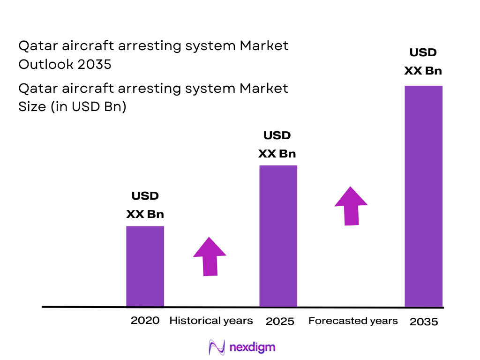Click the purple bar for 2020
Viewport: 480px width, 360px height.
(145, 266)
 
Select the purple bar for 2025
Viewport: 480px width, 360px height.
(278, 236)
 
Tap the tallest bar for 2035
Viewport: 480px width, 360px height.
(423, 196)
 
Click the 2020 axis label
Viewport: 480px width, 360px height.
(145, 321)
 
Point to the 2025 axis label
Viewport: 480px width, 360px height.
(280, 322)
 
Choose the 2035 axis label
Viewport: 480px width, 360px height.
(423, 322)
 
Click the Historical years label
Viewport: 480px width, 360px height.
(211, 321)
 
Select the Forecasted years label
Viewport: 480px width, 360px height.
(353, 321)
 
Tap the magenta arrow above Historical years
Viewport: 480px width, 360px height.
(210, 256)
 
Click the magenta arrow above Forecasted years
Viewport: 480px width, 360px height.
(351, 206)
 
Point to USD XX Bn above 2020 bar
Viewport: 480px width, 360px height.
(145, 205)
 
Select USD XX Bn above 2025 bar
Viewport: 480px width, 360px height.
(277, 145)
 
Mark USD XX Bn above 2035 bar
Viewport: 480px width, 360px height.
(423, 61)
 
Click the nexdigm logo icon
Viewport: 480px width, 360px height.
(217, 347)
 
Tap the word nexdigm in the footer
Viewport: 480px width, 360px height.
(253, 347)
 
